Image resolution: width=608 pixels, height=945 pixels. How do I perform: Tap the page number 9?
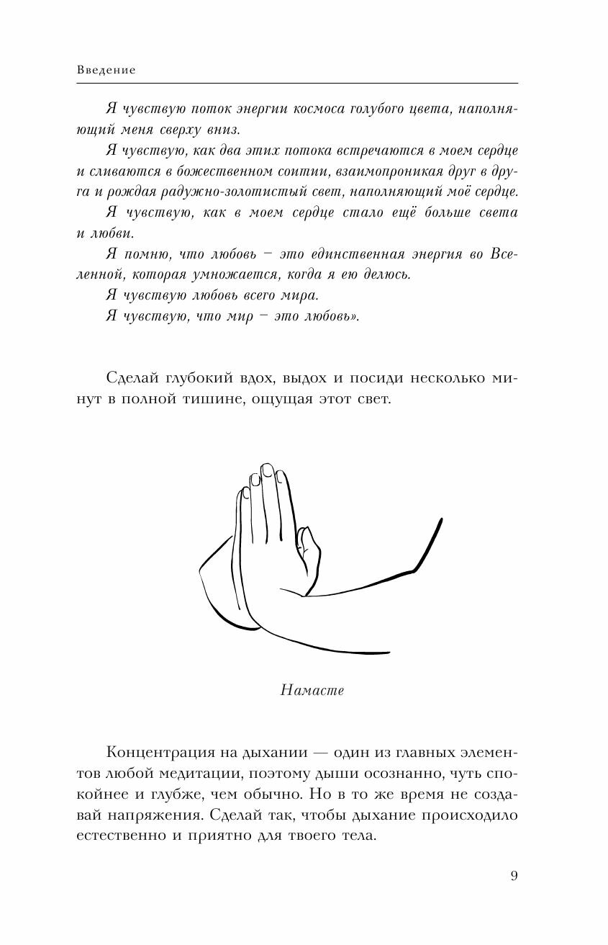[513, 876]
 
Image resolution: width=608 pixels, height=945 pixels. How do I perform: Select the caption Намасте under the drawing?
[311, 690]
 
